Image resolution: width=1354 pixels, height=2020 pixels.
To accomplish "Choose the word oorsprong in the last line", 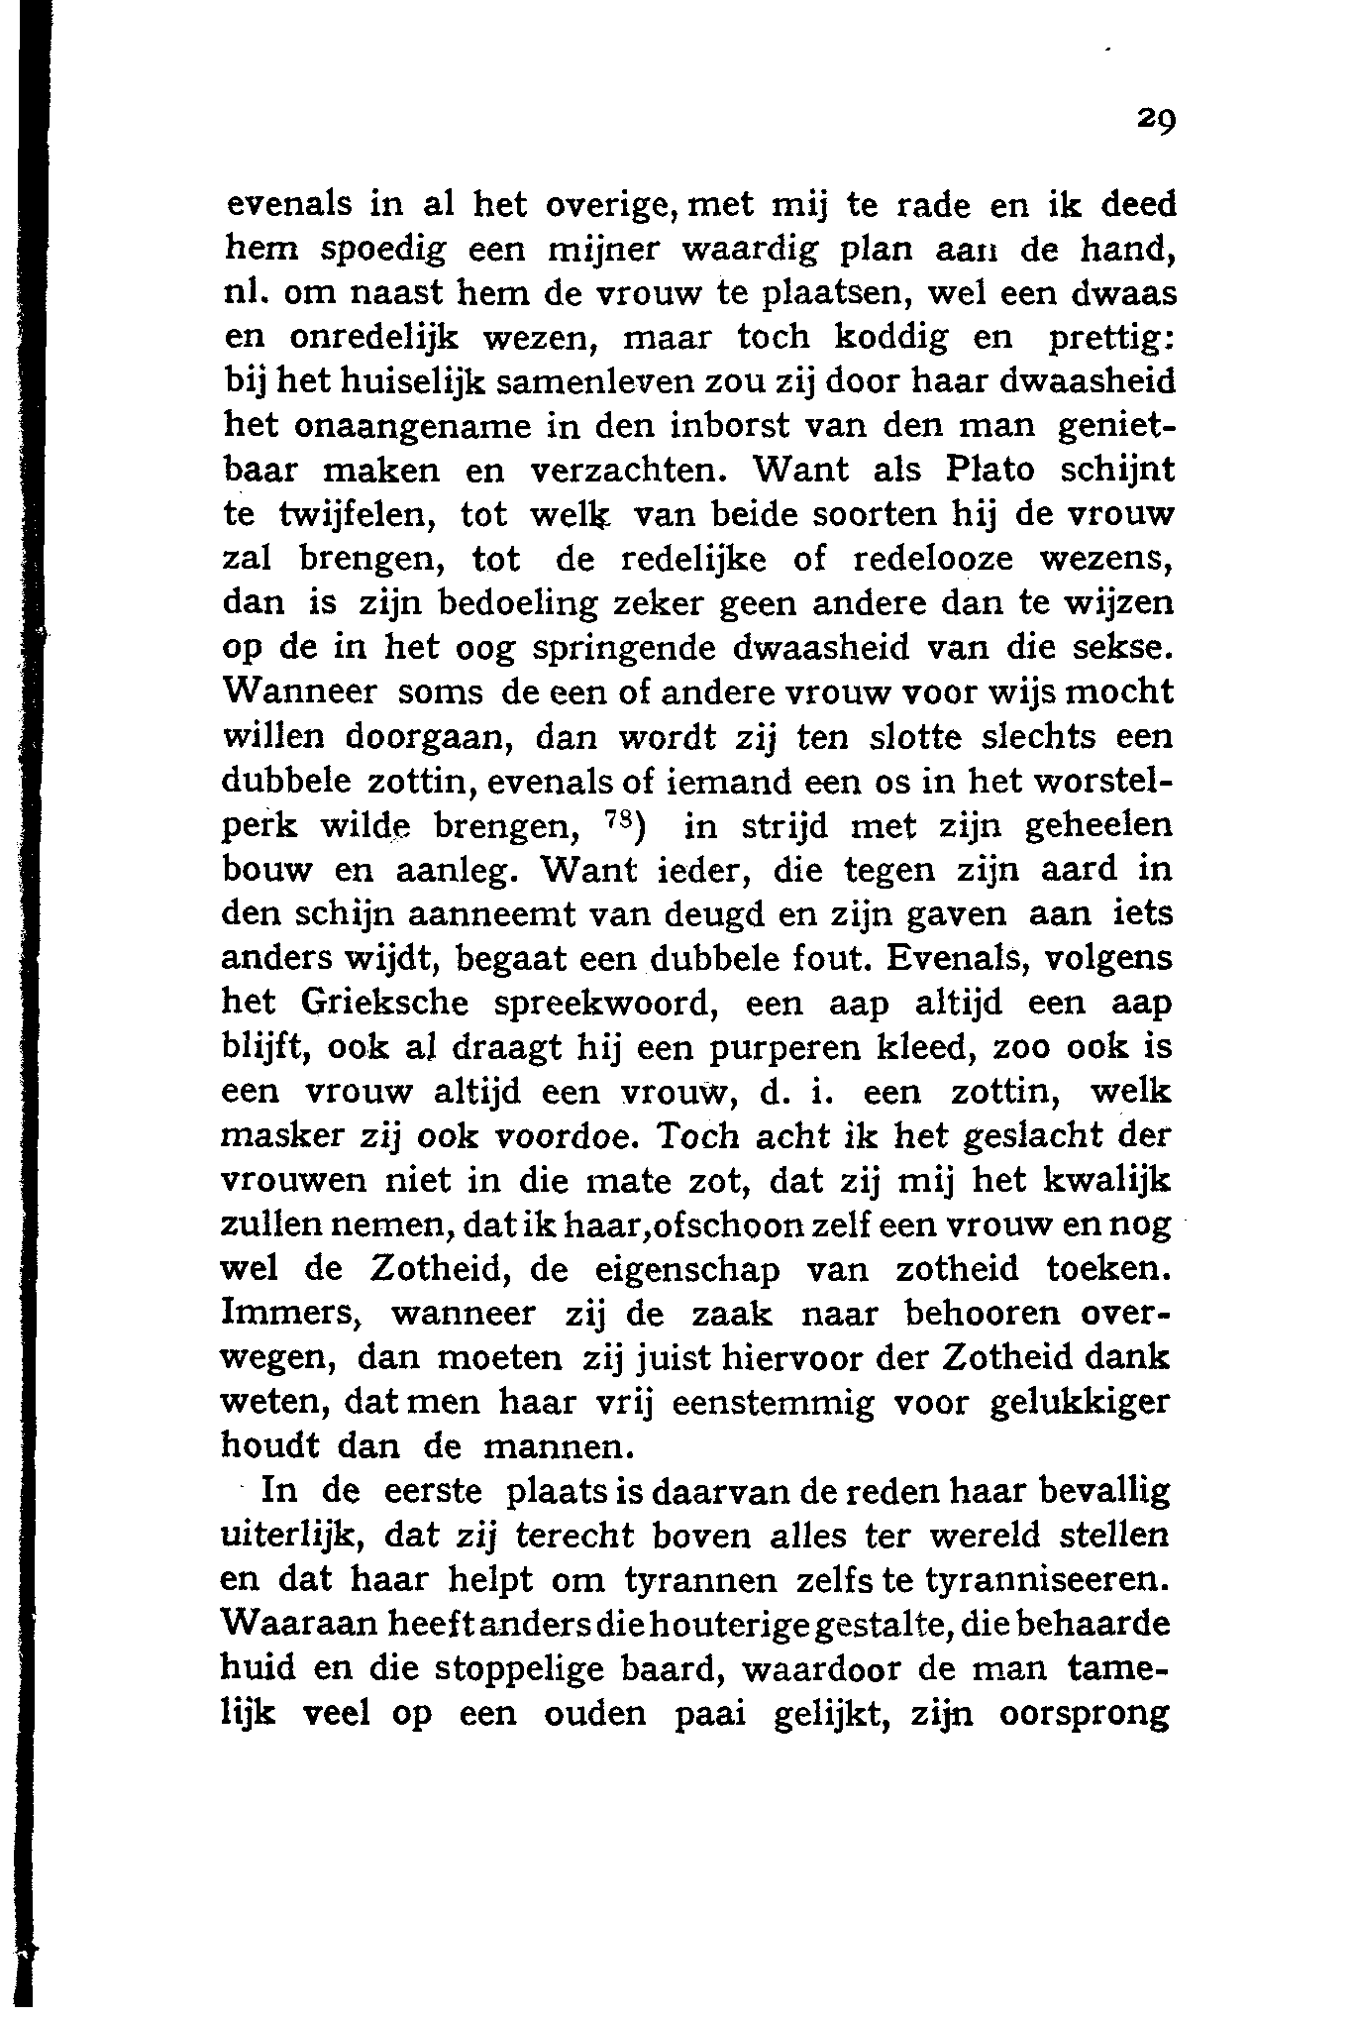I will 1086,1715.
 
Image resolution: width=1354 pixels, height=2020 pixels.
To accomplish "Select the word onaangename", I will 407,427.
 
